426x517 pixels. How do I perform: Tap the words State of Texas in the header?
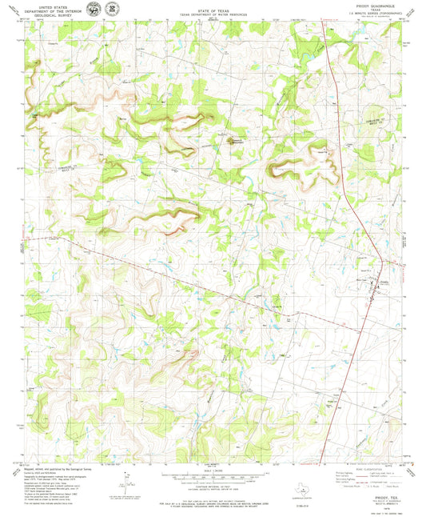pyautogui.click(x=212, y=10)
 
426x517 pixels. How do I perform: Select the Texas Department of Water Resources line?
pyautogui.click(x=212, y=14)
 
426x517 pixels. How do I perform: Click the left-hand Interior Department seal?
pyautogui.click(x=98, y=10)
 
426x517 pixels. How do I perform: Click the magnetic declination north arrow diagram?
pyautogui.click(x=124, y=478)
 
